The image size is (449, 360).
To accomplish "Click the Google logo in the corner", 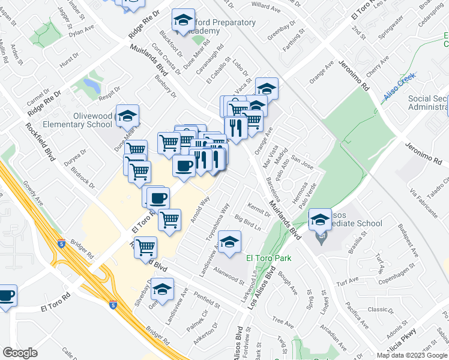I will pos(20,353).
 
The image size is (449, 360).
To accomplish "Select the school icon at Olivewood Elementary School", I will pos(127,116).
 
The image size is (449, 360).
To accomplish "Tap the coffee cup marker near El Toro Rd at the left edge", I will pos(6,296).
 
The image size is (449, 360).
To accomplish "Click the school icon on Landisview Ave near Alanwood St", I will pos(229,243).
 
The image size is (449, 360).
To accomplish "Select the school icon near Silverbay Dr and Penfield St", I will pos(162,289).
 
